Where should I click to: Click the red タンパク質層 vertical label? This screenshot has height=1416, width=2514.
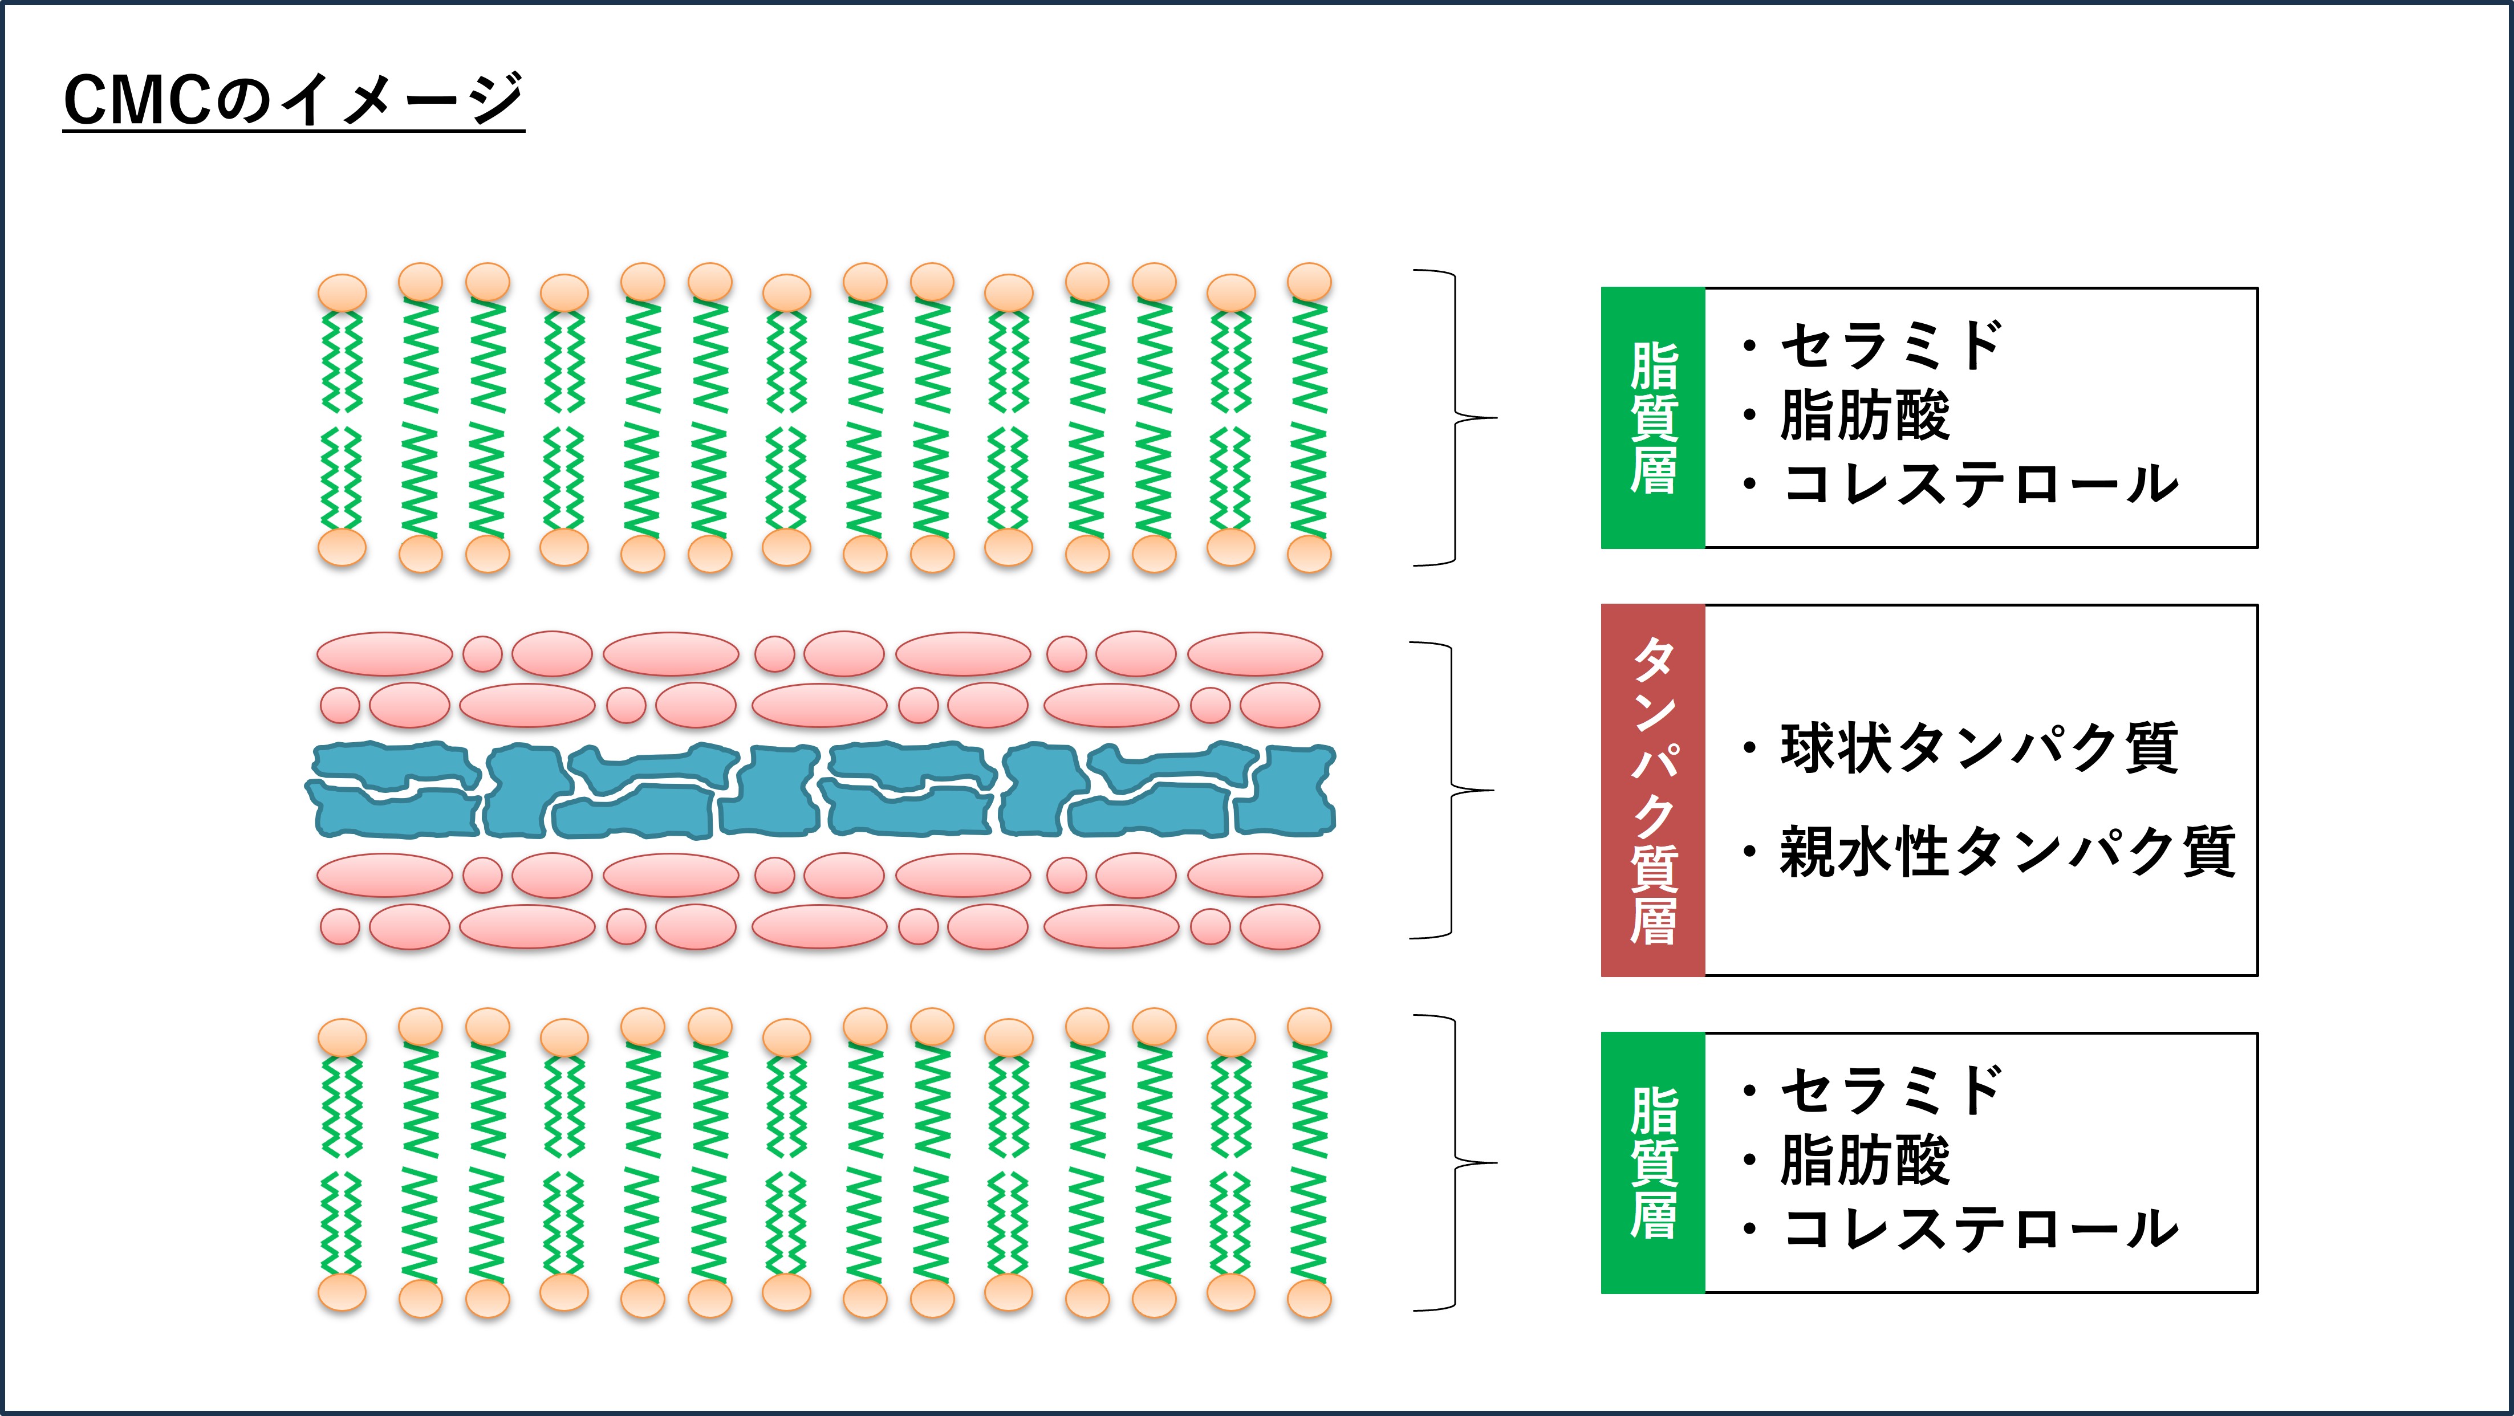click(x=1653, y=791)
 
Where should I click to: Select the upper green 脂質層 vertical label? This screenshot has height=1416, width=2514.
click(x=1653, y=418)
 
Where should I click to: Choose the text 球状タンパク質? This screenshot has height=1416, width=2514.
click(x=1979, y=748)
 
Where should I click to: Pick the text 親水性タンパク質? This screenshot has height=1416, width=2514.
click(x=2008, y=852)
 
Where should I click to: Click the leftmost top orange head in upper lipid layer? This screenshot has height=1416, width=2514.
click(x=343, y=292)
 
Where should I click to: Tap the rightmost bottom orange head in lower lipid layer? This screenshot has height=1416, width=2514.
click(x=1309, y=1299)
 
